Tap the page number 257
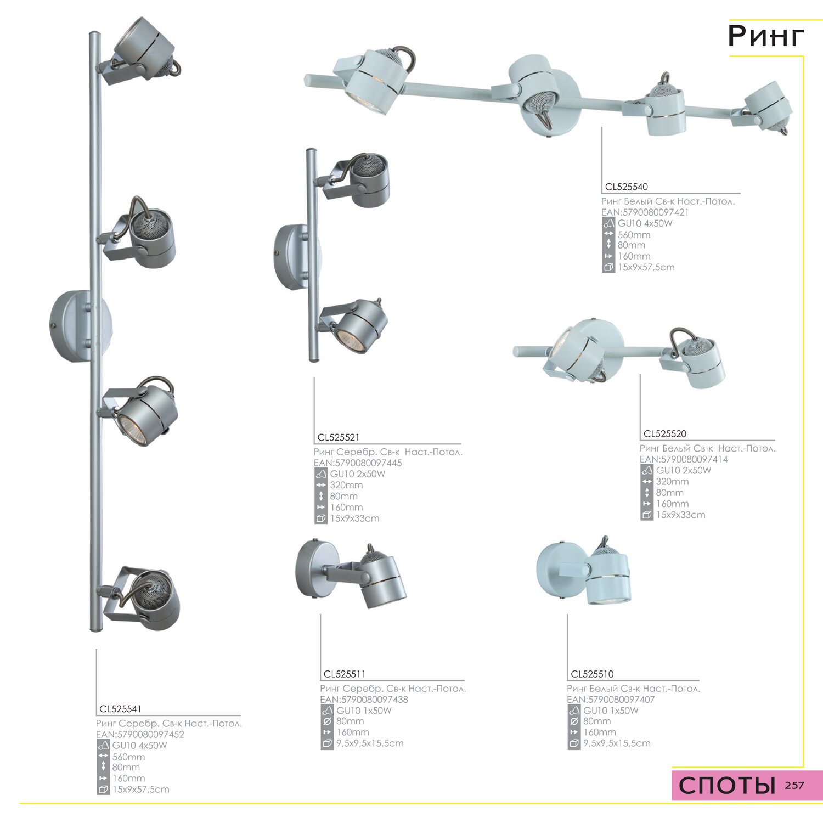point(794,785)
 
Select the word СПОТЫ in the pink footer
point(727,786)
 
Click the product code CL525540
point(626,187)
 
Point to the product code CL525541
point(120,709)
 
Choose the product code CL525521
point(339,437)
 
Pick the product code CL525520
point(664,433)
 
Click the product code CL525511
point(345,674)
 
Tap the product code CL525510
point(592,674)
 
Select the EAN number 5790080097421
point(656,212)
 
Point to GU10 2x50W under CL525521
point(358,474)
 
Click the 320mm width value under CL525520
point(672,481)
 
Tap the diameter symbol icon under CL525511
point(327,721)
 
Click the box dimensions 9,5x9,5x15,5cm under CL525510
point(617,743)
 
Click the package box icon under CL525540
point(608,268)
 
